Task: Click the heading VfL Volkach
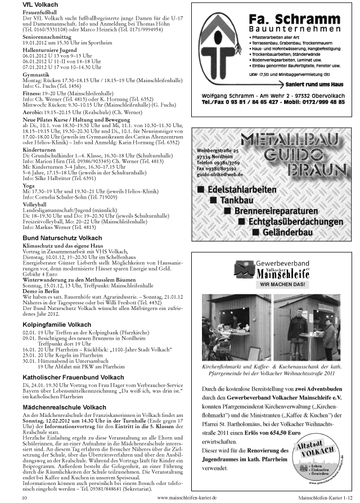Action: [38, 4]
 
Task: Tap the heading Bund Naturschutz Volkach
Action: [62, 239]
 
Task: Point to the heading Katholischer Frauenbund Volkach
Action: [74, 377]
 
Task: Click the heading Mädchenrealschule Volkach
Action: [64, 407]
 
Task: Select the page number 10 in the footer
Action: [24, 497]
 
